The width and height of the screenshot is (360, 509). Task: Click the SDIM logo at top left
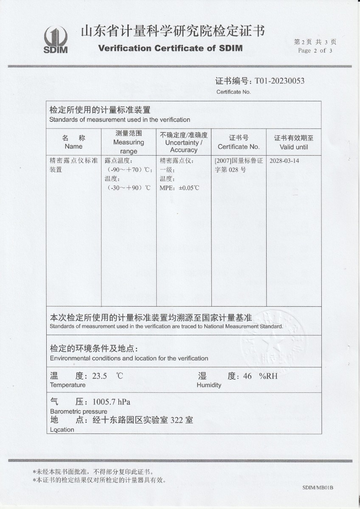pos(56,40)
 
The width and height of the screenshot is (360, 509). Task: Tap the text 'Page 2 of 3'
pos(315,50)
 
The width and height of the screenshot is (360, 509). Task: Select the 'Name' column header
pos(73,143)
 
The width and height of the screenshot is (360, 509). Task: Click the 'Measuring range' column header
pos(129,142)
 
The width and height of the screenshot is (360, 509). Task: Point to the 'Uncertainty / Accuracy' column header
pos(184,142)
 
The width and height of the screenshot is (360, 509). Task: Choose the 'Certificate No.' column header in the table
pos(239,143)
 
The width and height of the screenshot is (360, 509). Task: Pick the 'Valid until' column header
pos(294,143)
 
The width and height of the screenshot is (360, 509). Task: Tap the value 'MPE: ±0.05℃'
pos(179,187)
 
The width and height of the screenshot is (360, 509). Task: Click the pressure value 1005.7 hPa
pos(108,402)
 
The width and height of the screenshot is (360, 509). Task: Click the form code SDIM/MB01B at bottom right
pos(318,488)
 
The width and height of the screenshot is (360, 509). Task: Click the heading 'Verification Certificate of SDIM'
pos(170,48)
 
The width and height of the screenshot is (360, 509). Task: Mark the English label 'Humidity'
pos(209,385)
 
